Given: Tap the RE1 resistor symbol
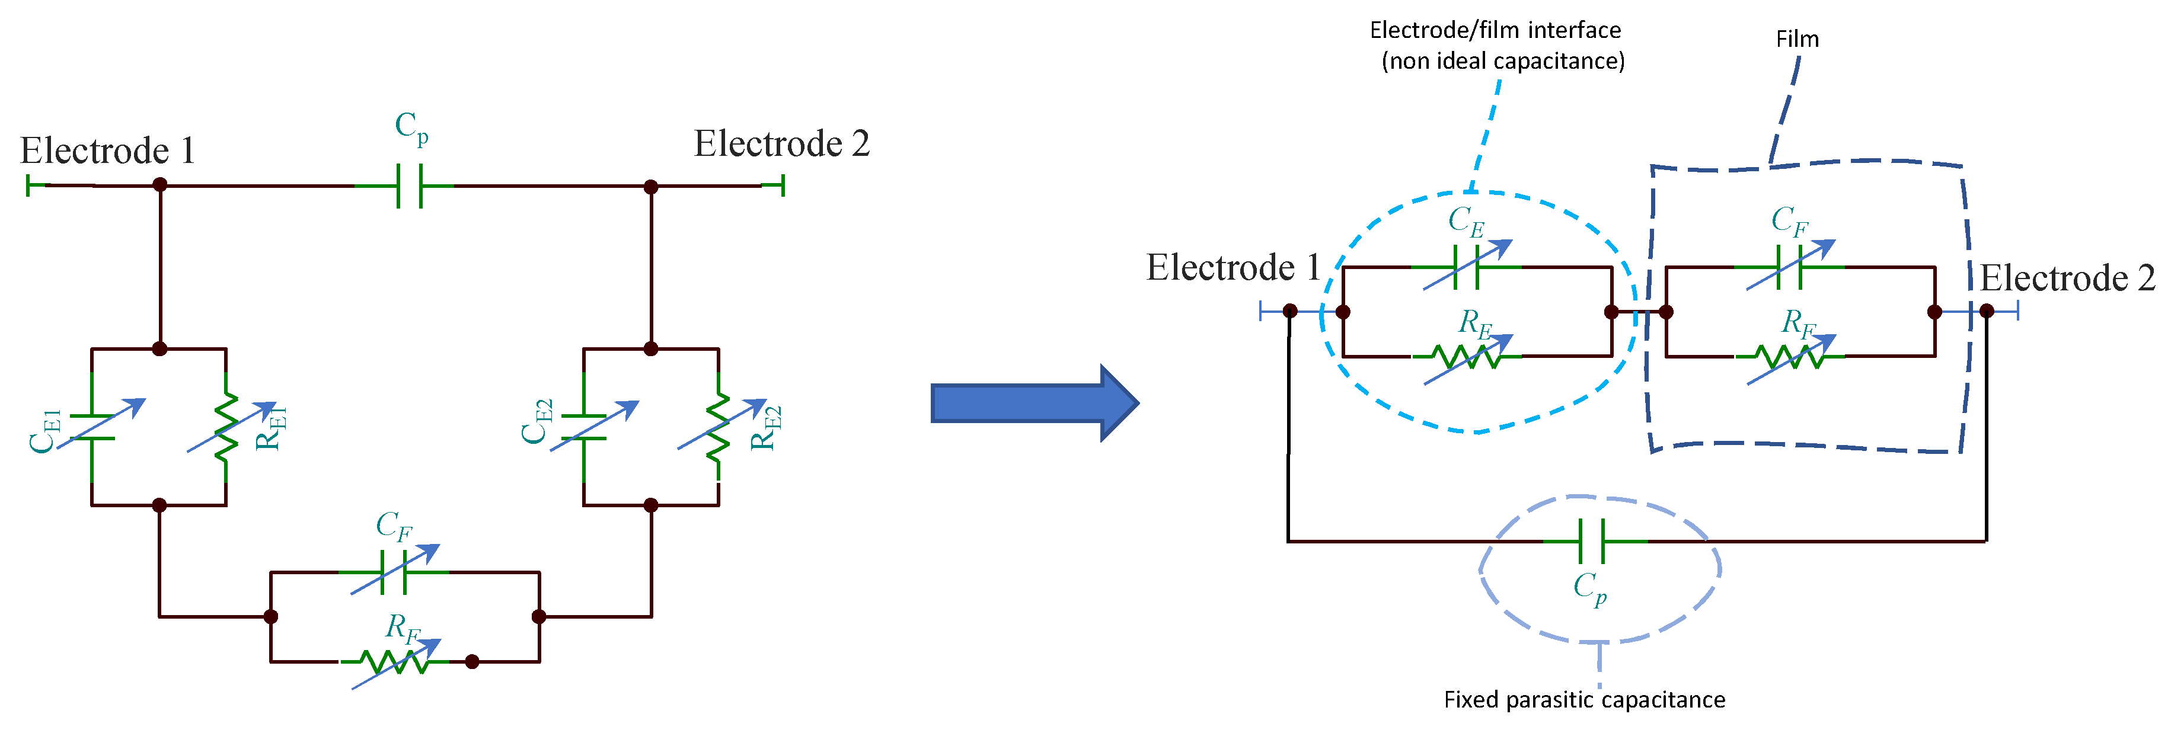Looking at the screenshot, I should (x=226, y=428).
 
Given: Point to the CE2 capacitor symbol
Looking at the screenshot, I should (x=583, y=427).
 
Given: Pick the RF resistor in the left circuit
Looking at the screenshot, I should (x=394, y=661).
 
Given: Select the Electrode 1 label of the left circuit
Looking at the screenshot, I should (x=108, y=152).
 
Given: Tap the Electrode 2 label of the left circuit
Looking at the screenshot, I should (x=781, y=144).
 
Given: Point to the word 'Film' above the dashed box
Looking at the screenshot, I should (x=1797, y=40).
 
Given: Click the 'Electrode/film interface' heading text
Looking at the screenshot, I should (x=1495, y=30).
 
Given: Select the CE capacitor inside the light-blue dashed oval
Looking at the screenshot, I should (x=1467, y=267).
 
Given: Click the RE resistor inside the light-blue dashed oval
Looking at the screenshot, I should (x=1467, y=356).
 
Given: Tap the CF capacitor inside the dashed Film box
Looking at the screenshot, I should (x=1789, y=267).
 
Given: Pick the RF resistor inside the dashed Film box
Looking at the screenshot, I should (x=1789, y=356).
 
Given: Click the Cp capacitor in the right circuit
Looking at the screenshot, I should (x=1591, y=541).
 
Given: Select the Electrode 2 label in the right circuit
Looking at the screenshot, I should (x=2067, y=278).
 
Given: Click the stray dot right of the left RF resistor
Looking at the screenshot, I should (x=472, y=661).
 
